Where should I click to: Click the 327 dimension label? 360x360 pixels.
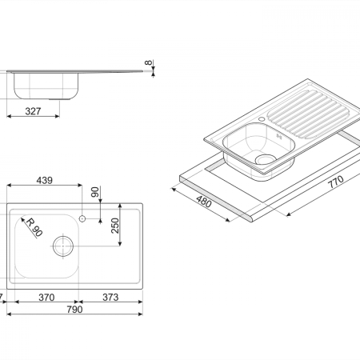coord(33,111)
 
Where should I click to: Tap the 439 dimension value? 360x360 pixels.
coord(45,181)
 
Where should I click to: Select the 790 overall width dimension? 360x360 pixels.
coord(74,310)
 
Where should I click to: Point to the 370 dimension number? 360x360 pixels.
coord(46,297)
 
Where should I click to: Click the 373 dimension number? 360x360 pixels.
coord(110,297)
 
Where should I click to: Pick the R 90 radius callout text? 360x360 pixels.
coord(34,227)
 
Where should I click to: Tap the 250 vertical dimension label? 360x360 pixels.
coord(115,226)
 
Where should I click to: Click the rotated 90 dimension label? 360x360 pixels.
coord(95,192)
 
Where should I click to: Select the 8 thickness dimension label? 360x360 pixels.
coord(149,62)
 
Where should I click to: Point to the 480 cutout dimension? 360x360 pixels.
coord(204,202)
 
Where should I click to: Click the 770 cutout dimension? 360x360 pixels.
coord(335,182)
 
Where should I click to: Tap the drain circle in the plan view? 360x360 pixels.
coord(63,246)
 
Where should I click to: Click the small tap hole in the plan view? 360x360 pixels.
coord(82,218)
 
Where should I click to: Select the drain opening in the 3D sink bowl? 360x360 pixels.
coord(266,159)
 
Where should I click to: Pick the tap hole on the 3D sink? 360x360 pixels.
coord(262,118)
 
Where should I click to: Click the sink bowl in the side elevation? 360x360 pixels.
coord(46,86)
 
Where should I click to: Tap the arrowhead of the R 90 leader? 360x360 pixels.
coord(22,219)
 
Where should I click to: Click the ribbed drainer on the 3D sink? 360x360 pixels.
coord(308,114)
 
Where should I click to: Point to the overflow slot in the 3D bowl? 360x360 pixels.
coord(279,137)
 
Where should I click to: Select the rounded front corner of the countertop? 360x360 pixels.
coord(249,218)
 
